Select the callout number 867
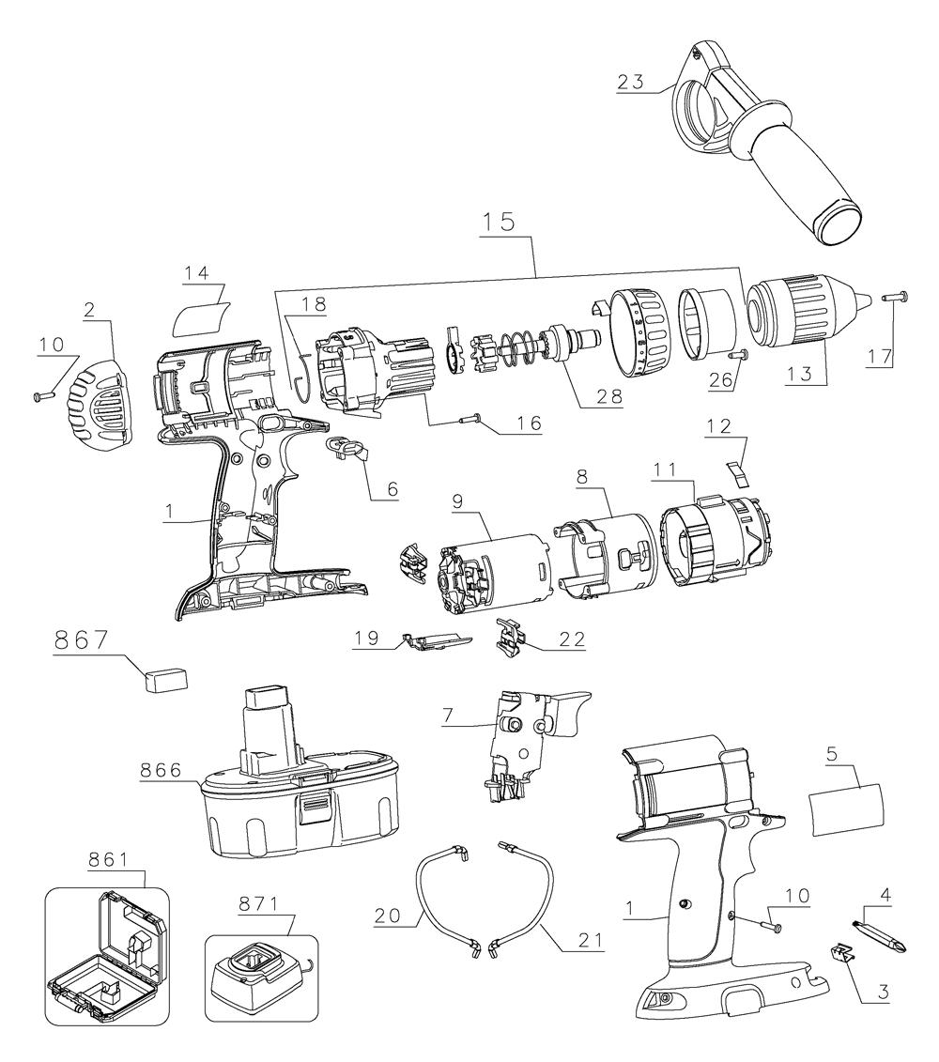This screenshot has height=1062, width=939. (x=82, y=640)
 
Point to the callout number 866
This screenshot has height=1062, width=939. (x=162, y=770)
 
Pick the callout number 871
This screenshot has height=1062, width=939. (x=259, y=904)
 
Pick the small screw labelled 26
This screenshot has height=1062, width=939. (x=738, y=354)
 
